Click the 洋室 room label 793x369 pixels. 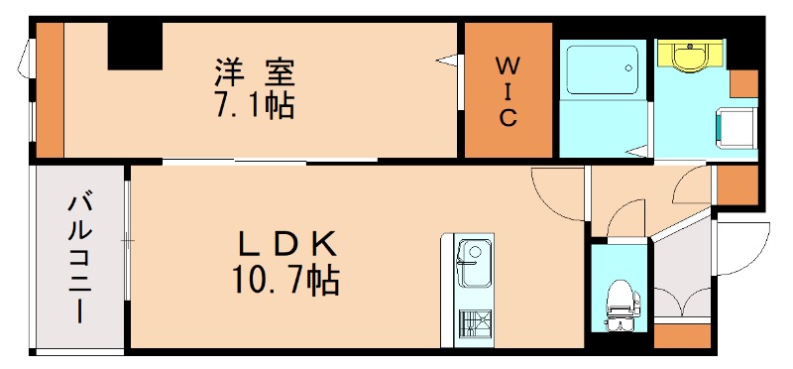(x=256, y=72)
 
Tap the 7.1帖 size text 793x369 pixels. (x=255, y=105)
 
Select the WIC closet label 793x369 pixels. (x=507, y=92)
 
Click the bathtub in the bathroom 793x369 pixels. (x=601, y=70)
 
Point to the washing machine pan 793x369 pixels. (x=736, y=127)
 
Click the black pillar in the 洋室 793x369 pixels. (x=135, y=46)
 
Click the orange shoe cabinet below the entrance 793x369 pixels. (x=682, y=334)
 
